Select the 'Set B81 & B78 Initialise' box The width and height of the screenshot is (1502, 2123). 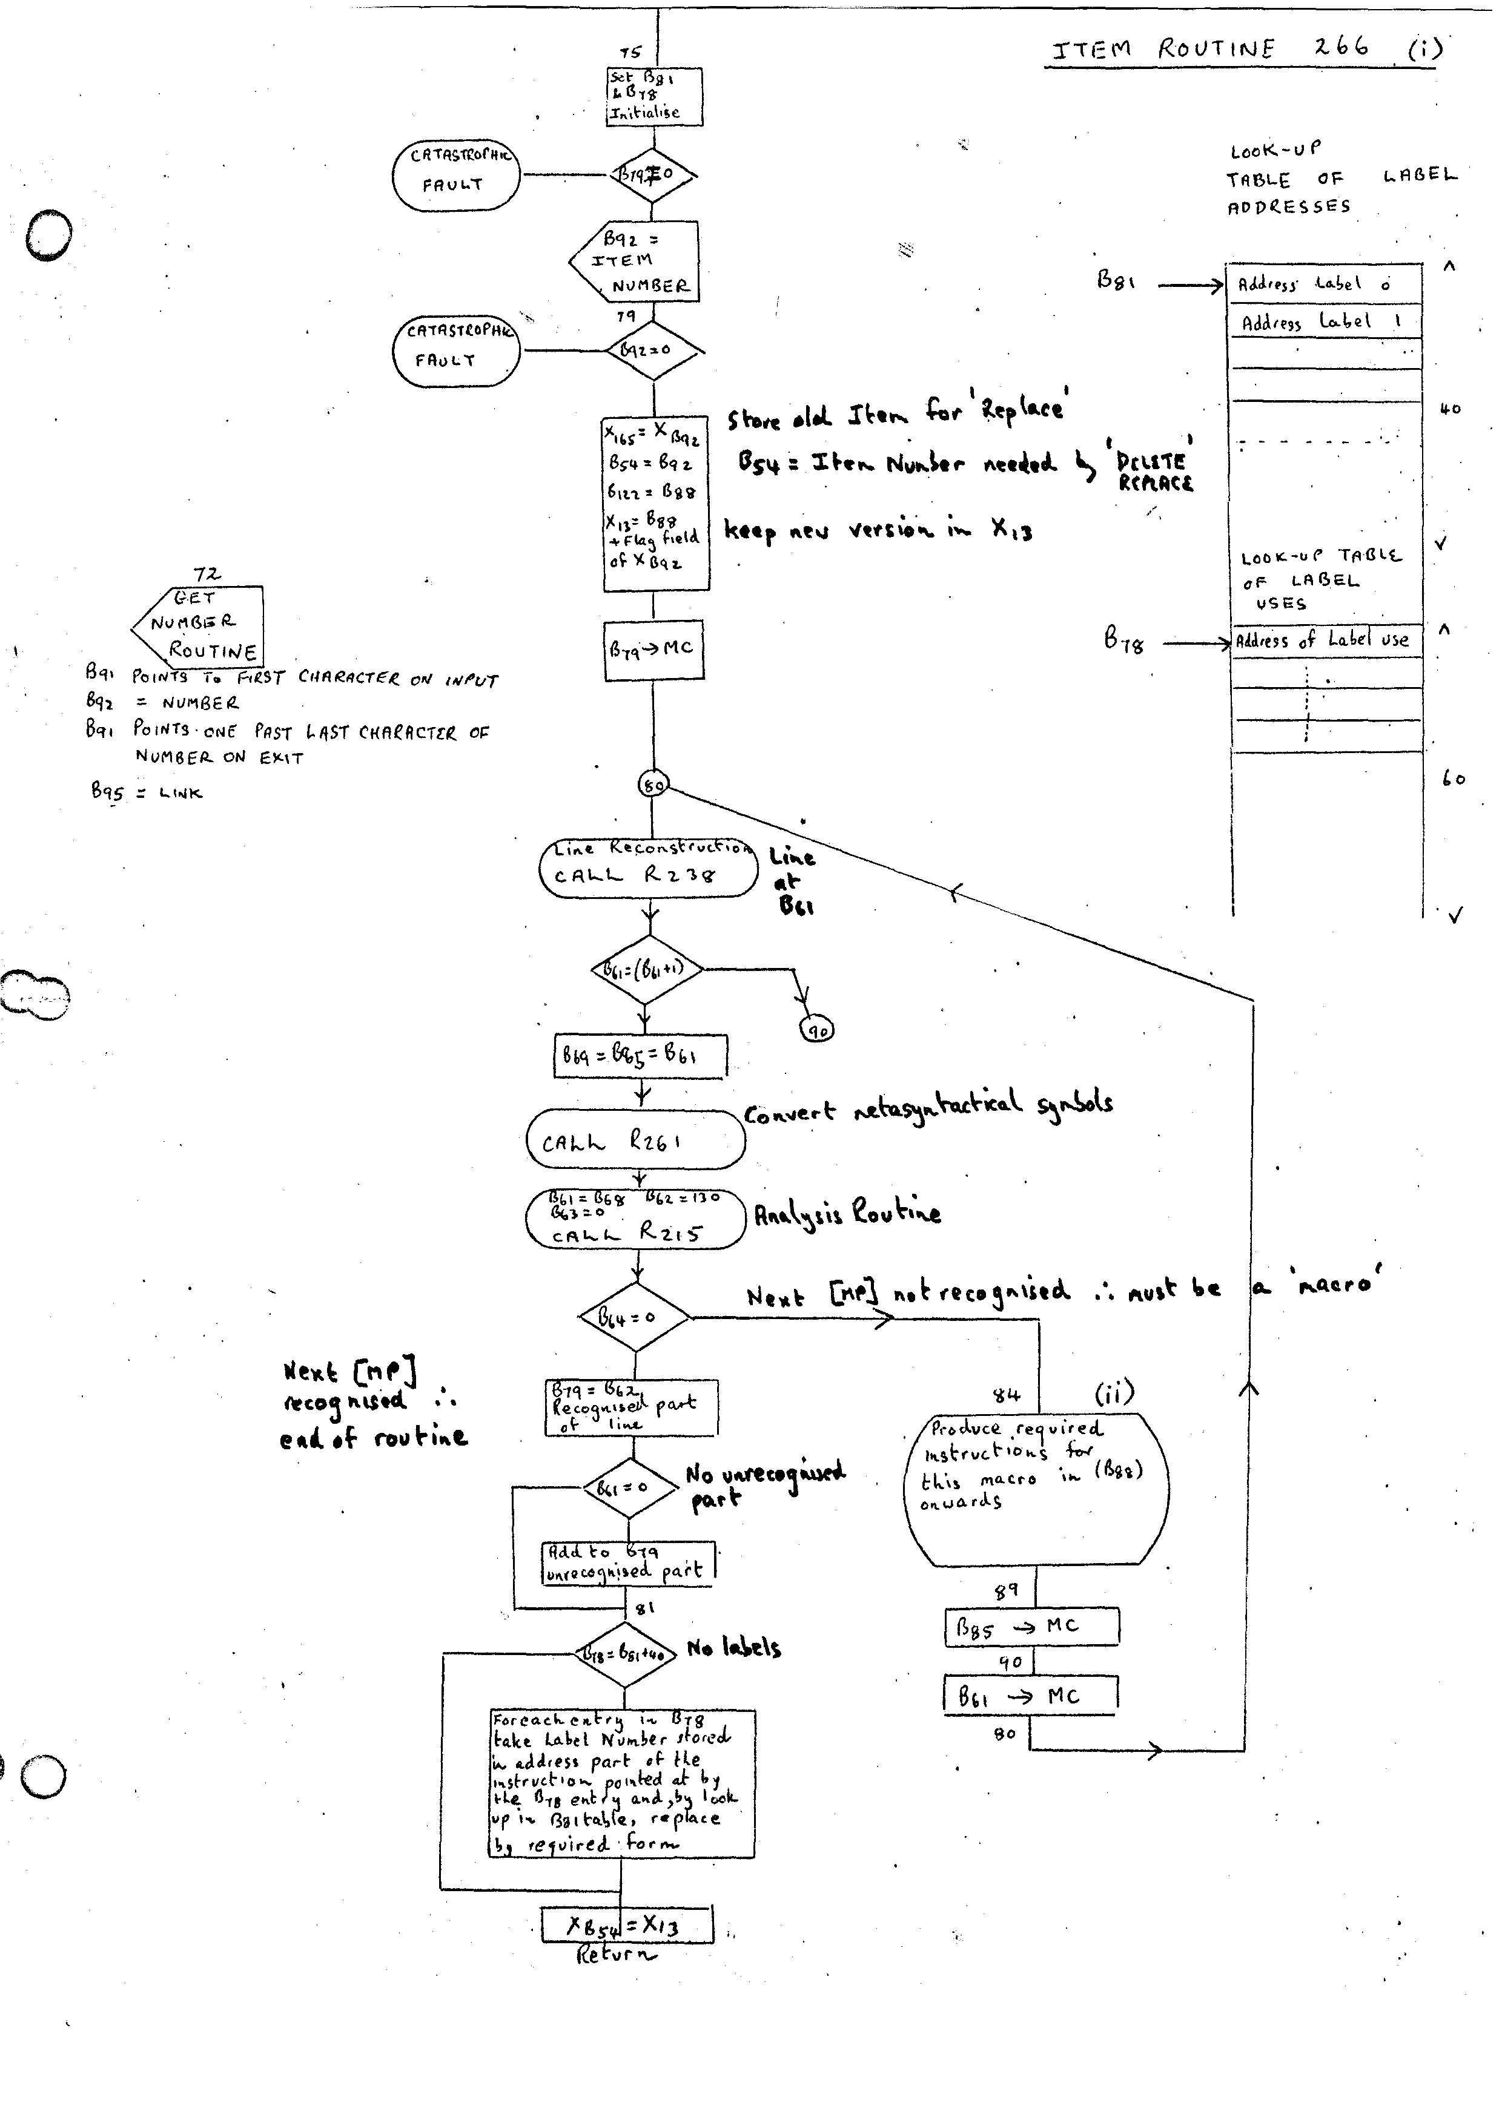[655, 96]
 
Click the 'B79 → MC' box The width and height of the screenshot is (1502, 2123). [653, 649]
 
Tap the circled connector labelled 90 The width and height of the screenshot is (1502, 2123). [818, 1029]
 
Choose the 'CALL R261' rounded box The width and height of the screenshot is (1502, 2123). [635, 1140]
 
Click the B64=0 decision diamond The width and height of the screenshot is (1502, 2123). [635, 1317]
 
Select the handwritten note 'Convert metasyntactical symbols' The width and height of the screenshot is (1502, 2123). [928, 1106]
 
